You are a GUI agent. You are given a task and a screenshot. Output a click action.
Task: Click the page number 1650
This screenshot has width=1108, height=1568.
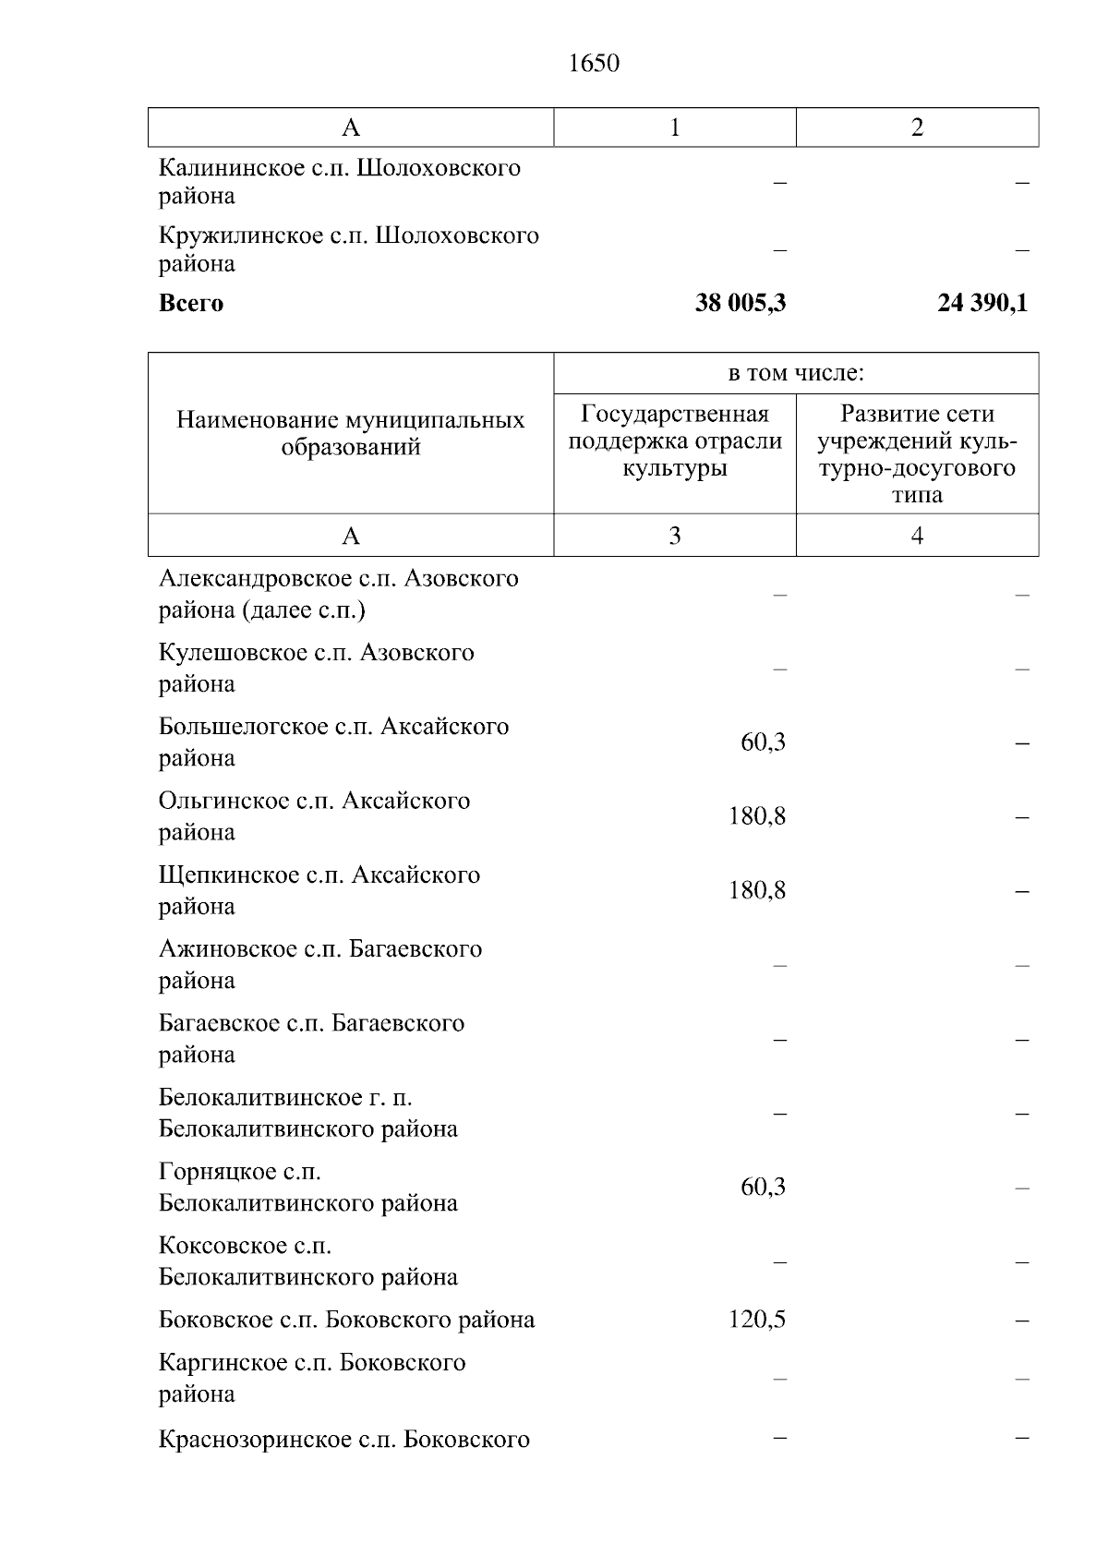click(x=594, y=64)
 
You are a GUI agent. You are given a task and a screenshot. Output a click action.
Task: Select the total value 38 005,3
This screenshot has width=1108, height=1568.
click(x=740, y=303)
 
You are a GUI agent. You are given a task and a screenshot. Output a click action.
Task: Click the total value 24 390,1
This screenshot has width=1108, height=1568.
click(x=982, y=303)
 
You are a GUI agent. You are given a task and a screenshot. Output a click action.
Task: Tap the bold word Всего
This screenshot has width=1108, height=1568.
click(x=191, y=304)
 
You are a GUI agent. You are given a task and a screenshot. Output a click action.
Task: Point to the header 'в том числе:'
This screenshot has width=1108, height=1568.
click(x=795, y=373)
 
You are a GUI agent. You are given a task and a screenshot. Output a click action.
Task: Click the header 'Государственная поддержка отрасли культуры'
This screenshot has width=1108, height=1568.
click(x=674, y=440)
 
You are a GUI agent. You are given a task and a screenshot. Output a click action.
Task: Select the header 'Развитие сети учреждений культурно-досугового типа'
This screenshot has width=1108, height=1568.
click(x=917, y=453)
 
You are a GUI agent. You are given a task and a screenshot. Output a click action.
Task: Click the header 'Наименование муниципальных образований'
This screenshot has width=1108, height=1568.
click(x=350, y=433)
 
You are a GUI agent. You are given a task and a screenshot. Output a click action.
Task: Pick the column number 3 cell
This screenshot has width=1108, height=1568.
click(x=674, y=536)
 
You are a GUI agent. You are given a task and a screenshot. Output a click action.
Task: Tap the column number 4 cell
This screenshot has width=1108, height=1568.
click(x=917, y=536)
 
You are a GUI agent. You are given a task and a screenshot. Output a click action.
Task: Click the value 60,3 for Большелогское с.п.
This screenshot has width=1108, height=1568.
click(x=763, y=742)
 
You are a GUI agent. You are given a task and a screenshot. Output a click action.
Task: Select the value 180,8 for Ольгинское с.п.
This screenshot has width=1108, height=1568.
click(x=756, y=816)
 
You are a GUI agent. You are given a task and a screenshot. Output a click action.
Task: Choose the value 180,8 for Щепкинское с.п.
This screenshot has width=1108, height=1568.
click(x=756, y=890)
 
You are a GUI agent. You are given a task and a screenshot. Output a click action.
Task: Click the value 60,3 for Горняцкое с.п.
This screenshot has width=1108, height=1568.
click(x=763, y=1187)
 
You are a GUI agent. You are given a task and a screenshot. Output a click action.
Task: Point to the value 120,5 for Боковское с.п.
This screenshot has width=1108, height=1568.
click(x=756, y=1320)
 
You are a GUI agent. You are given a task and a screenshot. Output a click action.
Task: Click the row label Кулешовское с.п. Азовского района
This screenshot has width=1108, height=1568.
click(x=316, y=668)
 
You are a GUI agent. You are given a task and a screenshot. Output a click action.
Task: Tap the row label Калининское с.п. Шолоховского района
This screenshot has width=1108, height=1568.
click(x=339, y=182)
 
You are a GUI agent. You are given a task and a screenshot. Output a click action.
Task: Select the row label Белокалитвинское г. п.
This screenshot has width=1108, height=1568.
click(x=307, y=1113)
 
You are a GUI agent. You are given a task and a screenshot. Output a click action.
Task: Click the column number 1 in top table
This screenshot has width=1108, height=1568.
click(x=674, y=127)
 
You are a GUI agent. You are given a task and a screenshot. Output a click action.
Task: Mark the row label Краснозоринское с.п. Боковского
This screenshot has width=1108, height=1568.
click(x=343, y=1440)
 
